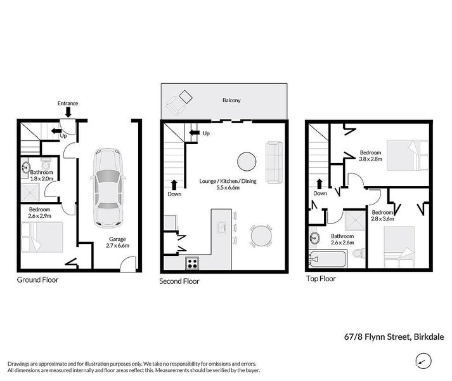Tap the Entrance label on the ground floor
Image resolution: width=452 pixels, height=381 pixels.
(x=68, y=103)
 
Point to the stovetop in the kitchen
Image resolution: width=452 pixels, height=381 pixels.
(x=193, y=262)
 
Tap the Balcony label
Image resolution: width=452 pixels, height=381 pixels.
(x=231, y=101)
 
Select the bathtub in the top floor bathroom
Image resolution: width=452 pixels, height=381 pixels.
(x=328, y=259)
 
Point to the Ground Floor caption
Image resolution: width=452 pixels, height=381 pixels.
(x=37, y=279)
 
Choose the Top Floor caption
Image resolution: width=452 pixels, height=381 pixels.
(x=321, y=278)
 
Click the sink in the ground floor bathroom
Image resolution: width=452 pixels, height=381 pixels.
(x=25, y=168)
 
